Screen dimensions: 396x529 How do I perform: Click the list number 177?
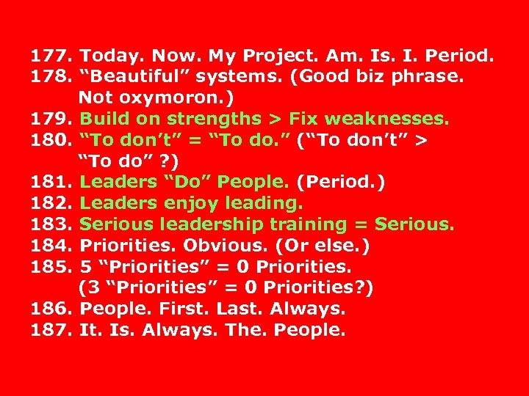(50, 56)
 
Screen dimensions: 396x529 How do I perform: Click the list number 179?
(50, 119)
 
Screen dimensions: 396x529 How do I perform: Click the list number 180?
(50, 140)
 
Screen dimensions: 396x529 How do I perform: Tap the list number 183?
(50, 224)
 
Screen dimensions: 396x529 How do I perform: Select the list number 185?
(50, 266)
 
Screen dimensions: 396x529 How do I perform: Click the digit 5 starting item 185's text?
(84, 266)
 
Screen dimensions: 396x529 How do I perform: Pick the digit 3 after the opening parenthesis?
(90, 287)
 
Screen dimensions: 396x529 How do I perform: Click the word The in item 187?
(245, 330)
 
